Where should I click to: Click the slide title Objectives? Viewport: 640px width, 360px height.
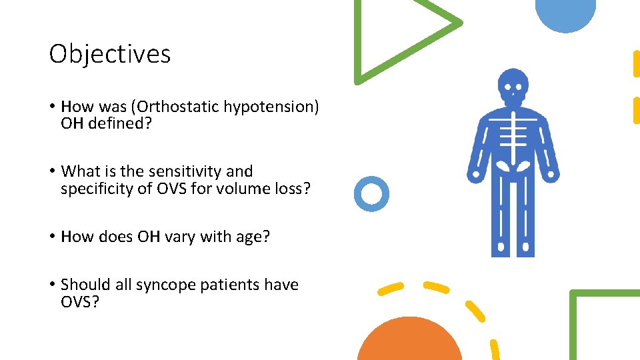coord(110,54)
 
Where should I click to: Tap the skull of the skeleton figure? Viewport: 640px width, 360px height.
coord(513,85)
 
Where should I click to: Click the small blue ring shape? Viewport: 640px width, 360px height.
coord(371,194)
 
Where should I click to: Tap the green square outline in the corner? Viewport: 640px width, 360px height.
coord(603,323)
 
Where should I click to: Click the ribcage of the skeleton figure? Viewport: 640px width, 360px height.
coord(513,133)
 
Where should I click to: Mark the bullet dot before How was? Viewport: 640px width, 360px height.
coord(52,107)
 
